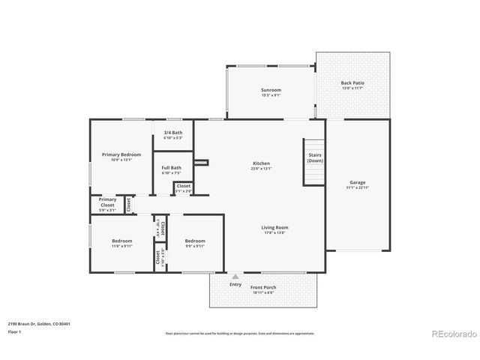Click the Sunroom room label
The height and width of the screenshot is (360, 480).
pos(271,90)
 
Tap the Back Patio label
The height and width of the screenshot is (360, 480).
pos(352,83)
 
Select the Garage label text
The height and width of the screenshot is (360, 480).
pos(357,182)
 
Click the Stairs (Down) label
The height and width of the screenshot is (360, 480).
pos(315,157)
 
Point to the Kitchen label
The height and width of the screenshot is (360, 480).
pos(261,163)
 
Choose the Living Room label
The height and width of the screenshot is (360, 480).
pos(275,227)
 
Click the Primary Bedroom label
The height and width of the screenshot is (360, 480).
pos(121,154)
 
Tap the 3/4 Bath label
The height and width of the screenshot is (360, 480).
pos(172,133)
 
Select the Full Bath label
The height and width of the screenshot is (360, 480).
pos(171,168)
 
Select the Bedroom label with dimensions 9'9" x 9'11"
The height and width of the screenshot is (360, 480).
pos(195,241)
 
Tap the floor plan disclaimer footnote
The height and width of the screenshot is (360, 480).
pos(239,333)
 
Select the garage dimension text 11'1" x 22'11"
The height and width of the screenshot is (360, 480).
pos(357,187)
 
